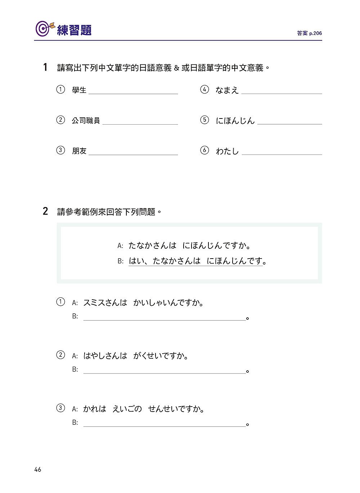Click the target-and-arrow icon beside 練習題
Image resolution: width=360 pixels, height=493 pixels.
pyautogui.click(x=44, y=29)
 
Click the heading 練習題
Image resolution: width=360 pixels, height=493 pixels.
pyautogui.click(x=75, y=30)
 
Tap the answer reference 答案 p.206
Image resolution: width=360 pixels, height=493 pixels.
pyautogui.click(x=309, y=33)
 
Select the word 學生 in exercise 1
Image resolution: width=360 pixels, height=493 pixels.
pyautogui.click(x=79, y=90)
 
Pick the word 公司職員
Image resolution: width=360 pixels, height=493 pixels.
pyautogui.click(x=86, y=121)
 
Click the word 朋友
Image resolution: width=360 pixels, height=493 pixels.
pyautogui.click(x=79, y=151)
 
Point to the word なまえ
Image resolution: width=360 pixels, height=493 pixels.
pyautogui.click(x=227, y=90)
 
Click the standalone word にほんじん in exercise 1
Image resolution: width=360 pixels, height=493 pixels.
pyautogui.click(x=235, y=121)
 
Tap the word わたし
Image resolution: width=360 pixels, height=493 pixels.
pyautogui.click(x=227, y=151)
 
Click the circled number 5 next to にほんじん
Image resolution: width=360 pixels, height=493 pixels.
pyautogui.click(x=204, y=120)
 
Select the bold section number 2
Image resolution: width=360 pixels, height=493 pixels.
pyautogui.click(x=45, y=211)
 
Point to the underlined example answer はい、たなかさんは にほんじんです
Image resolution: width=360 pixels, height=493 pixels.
pyautogui.click(x=195, y=261)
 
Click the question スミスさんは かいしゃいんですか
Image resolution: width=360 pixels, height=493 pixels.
pyautogui.click(x=143, y=303)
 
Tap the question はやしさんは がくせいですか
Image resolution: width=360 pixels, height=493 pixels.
pyautogui.click(x=136, y=356)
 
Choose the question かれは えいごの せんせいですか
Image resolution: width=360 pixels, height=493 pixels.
pyautogui.click(x=144, y=409)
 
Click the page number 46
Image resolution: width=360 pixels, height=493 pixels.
pyautogui.click(x=38, y=470)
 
